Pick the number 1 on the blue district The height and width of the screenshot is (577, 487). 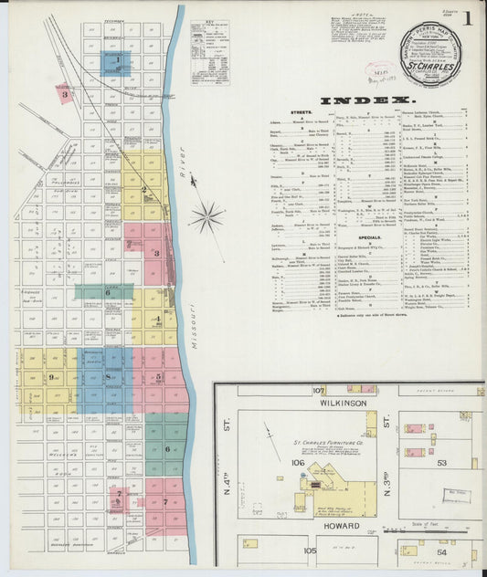(x=117, y=63)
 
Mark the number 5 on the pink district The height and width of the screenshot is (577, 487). (x=157, y=375)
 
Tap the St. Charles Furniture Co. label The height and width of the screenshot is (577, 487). (x=316, y=445)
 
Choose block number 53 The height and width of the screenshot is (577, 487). (x=442, y=463)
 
